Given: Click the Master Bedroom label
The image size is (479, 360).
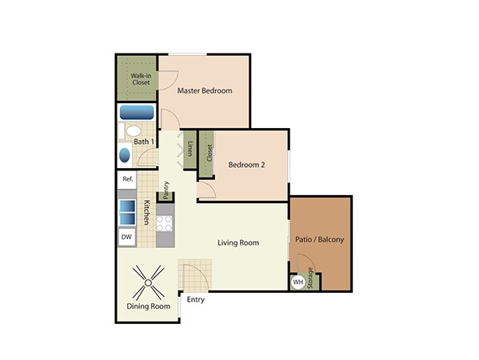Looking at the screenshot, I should coord(205,91).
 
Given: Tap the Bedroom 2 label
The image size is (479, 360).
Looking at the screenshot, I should coord(246,166).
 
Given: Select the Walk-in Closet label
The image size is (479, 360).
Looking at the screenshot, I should coord(141,78).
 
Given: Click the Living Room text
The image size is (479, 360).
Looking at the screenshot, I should coord(238,242).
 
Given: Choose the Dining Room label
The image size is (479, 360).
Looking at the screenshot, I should coord(149,306).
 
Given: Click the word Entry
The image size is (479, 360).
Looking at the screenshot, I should coord(196,300).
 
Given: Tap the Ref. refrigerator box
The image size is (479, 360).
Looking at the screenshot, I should coord(128,180).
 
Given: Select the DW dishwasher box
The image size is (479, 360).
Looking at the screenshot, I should coord(126,237).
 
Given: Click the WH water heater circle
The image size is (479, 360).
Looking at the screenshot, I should coord(298,282).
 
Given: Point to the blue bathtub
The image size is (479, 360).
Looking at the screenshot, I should coord(137,112).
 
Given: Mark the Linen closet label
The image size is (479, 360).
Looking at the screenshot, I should coord(190,150).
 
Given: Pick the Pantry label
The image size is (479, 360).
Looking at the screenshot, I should coord(166,190).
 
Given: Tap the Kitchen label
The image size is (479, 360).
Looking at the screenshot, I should coord(147,213).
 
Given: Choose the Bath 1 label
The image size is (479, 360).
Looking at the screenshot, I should coord(145,142).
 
